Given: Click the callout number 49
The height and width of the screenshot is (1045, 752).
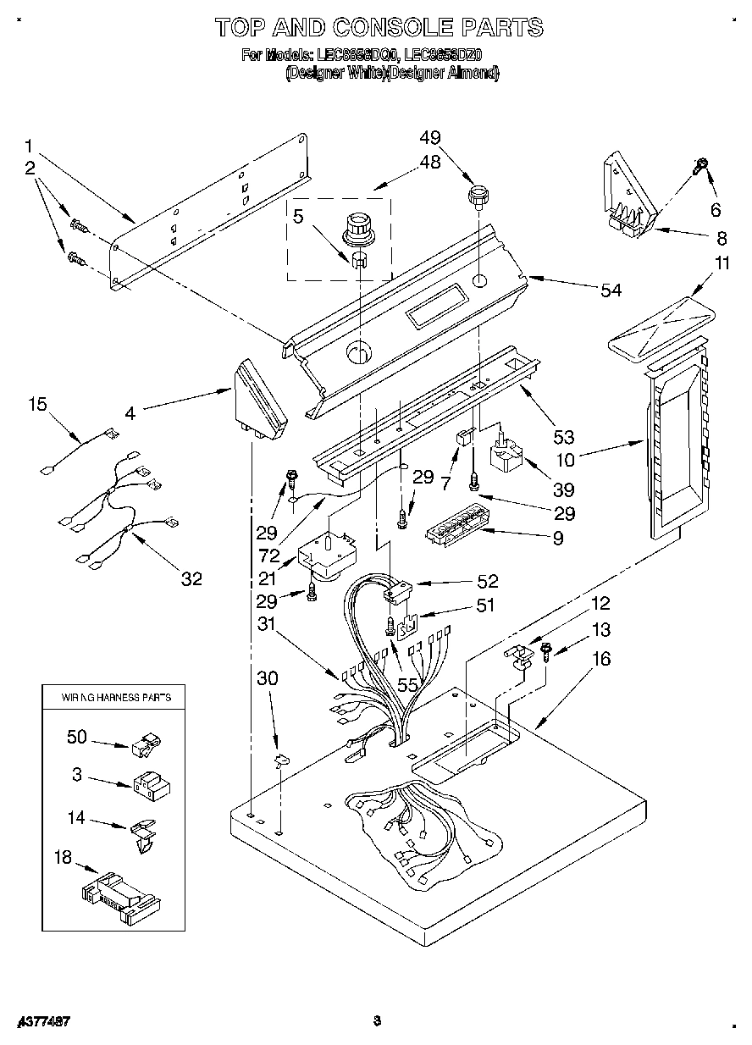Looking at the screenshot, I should tap(430, 138).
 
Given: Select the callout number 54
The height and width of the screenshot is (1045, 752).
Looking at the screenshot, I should tap(611, 290).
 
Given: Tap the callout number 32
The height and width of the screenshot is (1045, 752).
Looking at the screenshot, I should tap(192, 578).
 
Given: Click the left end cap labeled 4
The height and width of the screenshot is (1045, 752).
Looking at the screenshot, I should tap(258, 402).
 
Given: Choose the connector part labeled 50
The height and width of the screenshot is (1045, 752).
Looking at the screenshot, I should tap(146, 744).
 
